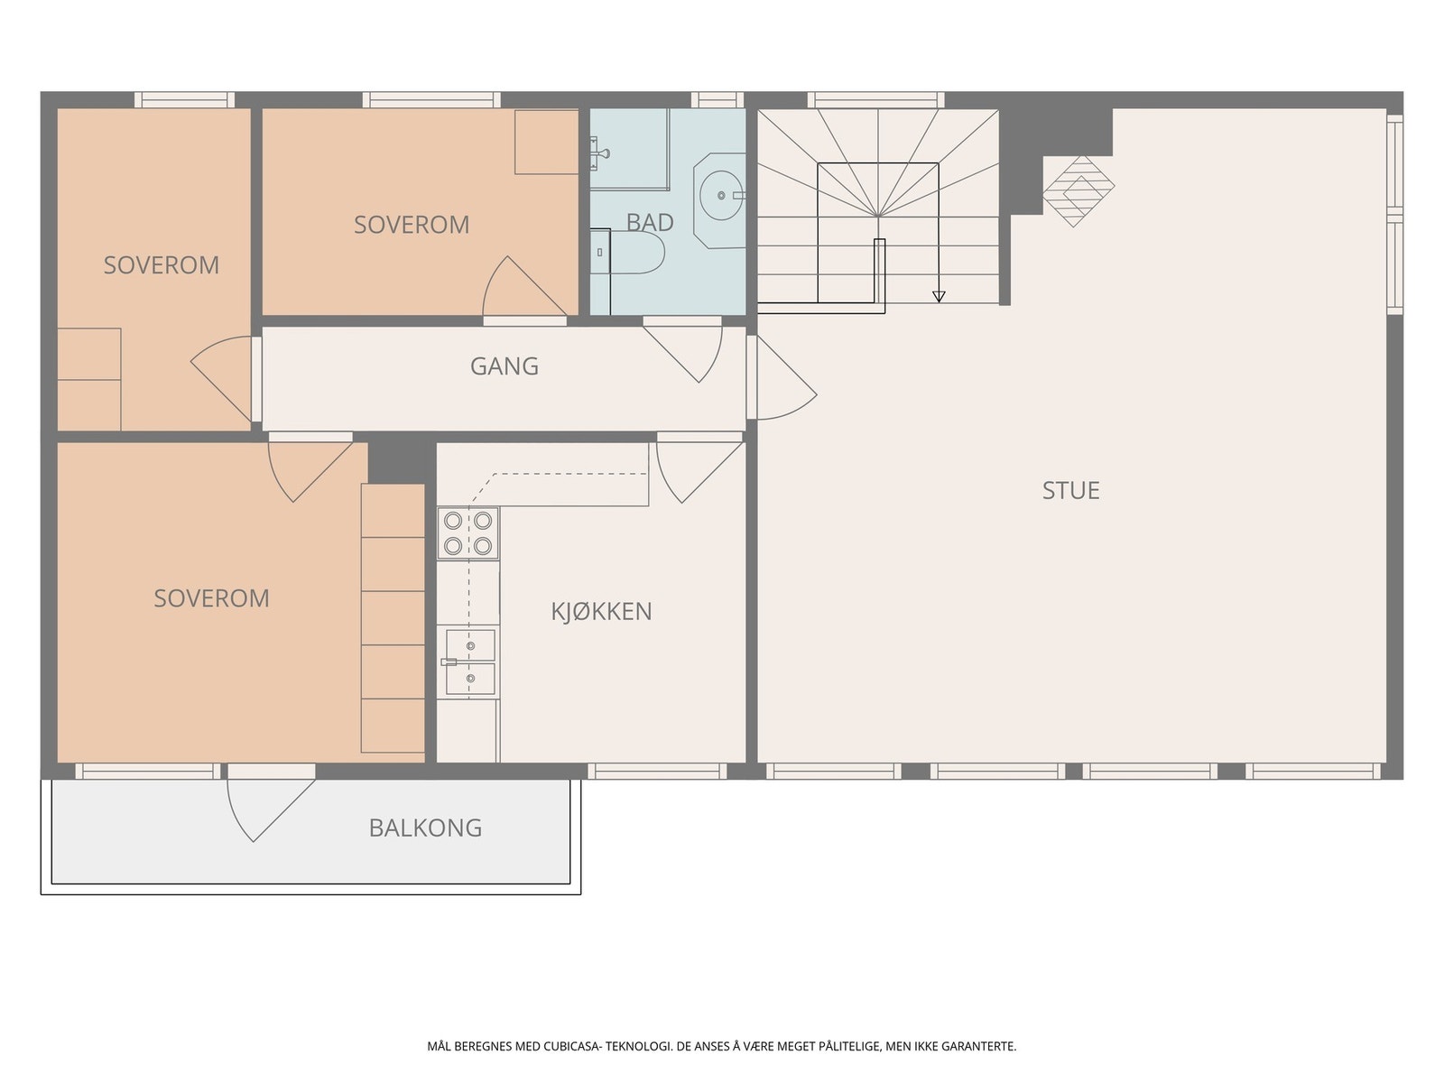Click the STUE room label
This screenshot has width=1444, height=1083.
pos(1070,491)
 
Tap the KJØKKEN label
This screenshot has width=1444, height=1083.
pos(601,612)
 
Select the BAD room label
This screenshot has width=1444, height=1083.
pos(649,222)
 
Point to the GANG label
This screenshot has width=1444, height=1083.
pos(504,366)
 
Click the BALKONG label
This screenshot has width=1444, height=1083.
pos(425,828)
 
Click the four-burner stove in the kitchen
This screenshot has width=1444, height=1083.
pos(467,533)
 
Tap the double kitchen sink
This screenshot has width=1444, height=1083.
pos(469,662)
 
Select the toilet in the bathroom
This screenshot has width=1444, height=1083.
pos(627,252)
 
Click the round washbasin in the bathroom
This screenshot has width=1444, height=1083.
pos(722,195)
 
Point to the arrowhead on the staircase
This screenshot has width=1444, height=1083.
pos(939,297)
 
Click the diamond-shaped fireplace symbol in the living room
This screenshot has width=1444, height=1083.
pos(1078,191)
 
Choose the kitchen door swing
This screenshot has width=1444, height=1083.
pos(699,467)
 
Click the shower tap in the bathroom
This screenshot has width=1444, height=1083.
pos(598,153)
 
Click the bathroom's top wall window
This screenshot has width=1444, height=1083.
pos(717,100)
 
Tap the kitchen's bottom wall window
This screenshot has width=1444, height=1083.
pos(657,772)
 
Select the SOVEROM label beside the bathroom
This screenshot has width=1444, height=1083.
pos(412,225)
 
